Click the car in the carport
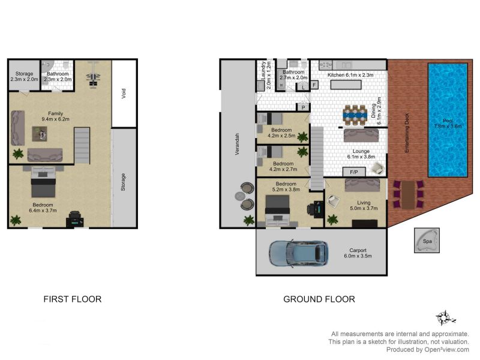[298, 253]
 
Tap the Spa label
[427, 241]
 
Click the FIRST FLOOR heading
[73, 299]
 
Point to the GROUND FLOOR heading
[319, 299]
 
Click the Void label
[124, 94]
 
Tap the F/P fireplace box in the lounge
[354, 172]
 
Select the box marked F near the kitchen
[314, 85]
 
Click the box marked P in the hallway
[303, 107]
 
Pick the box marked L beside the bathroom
[303, 87]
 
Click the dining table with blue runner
[355, 115]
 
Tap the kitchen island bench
[346, 85]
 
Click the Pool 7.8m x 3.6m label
[448, 124]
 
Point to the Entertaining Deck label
[407, 133]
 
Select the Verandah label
[237, 144]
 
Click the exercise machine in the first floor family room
[94, 75]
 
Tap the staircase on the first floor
[82, 146]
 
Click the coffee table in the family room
[40, 134]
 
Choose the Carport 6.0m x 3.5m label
[358, 253]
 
